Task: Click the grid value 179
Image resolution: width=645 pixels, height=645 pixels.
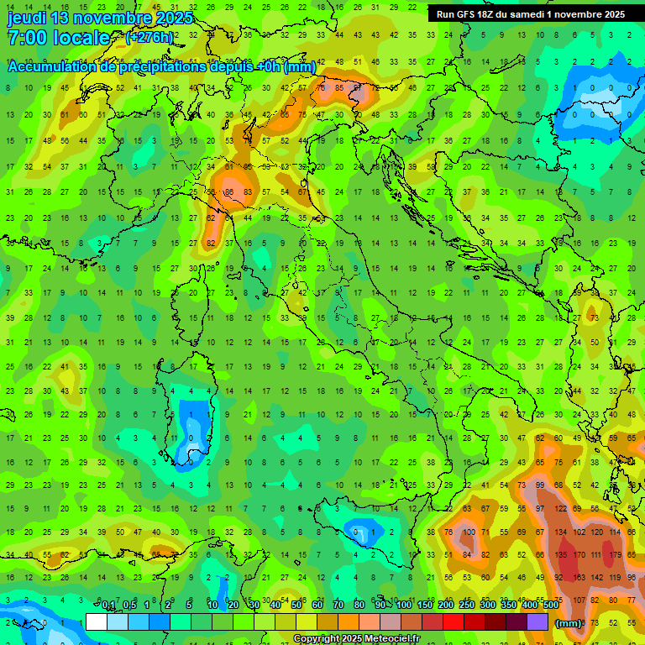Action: (616, 554)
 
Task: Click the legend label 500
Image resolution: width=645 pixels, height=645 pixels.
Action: (550, 605)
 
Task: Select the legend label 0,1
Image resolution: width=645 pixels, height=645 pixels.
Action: (108, 605)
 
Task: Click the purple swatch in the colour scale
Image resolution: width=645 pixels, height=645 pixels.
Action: (537, 621)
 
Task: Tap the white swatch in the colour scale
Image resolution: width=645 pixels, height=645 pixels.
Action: (97, 621)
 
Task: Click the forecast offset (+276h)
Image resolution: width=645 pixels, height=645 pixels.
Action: (149, 38)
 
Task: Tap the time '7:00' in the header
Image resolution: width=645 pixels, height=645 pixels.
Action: (27, 38)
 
